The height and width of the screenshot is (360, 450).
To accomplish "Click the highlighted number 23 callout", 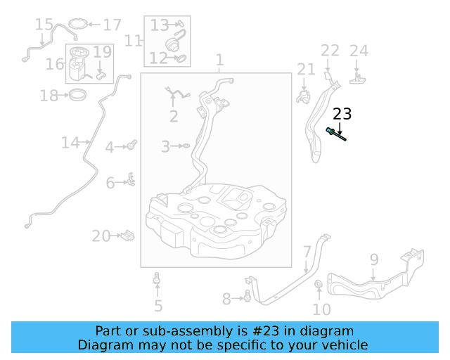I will (x=342, y=114).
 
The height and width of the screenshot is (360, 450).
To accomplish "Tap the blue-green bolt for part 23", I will (x=335, y=134).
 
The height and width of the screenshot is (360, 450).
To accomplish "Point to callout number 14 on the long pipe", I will (x=70, y=143).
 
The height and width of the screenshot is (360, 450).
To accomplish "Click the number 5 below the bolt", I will (x=158, y=306).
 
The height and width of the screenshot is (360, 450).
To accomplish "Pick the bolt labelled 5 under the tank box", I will (x=157, y=283).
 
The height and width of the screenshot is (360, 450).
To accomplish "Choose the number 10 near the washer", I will (x=321, y=309).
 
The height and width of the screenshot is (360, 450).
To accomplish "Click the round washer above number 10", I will (x=318, y=285).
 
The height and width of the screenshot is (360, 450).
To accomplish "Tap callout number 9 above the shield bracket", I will (x=374, y=259).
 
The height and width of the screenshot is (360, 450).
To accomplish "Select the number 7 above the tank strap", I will (x=307, y=252).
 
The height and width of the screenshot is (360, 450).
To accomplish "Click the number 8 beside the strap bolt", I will (x=226, y=299).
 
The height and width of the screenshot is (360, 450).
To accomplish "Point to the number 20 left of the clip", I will (x=101, y=236).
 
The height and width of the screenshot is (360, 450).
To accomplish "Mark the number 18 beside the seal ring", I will (x=49, y=95).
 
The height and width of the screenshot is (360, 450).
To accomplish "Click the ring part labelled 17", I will (x=80, y=25).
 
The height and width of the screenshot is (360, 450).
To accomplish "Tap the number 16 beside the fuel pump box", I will (x=55, y=64).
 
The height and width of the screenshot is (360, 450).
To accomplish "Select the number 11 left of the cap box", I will (x=134, y=40).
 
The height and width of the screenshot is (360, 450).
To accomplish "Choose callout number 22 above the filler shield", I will (x=330, y=50).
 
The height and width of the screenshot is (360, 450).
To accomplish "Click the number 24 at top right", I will (x=359, y=50).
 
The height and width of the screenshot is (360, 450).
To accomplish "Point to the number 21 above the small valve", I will (x=306, y=68).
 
